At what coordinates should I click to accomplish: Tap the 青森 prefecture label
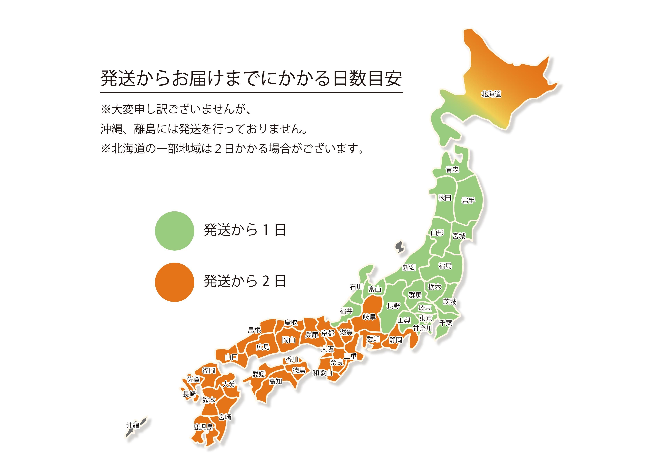452,170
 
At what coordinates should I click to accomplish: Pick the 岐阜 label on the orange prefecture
369,317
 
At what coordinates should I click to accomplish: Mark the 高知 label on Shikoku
275,381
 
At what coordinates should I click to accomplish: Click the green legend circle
174,231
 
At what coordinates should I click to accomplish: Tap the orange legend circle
174,282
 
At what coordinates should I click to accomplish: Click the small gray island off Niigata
400,247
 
